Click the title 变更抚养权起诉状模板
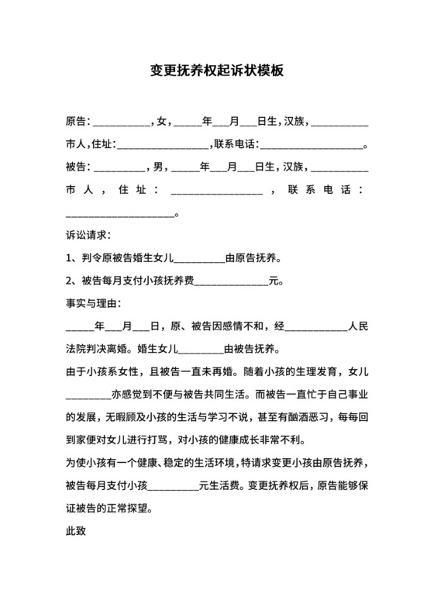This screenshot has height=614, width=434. pyautogui.click(x=216, y=71)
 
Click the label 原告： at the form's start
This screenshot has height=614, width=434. pyautogui.click(x=78, y=122)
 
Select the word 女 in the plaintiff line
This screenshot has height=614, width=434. pyautogui.click(x=161, y=122)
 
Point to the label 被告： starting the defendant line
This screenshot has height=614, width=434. pyautogui.click(x=78, y=167)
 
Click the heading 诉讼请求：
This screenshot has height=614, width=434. pyautogui.click(x=89, y=234)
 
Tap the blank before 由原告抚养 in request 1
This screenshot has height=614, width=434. pyautogui.click(x=201, y=259)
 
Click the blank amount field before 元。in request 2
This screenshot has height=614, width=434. pyautogui.click(x=230, y=281)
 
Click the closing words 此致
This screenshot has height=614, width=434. pyautogui.click(x=76, y=533)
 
